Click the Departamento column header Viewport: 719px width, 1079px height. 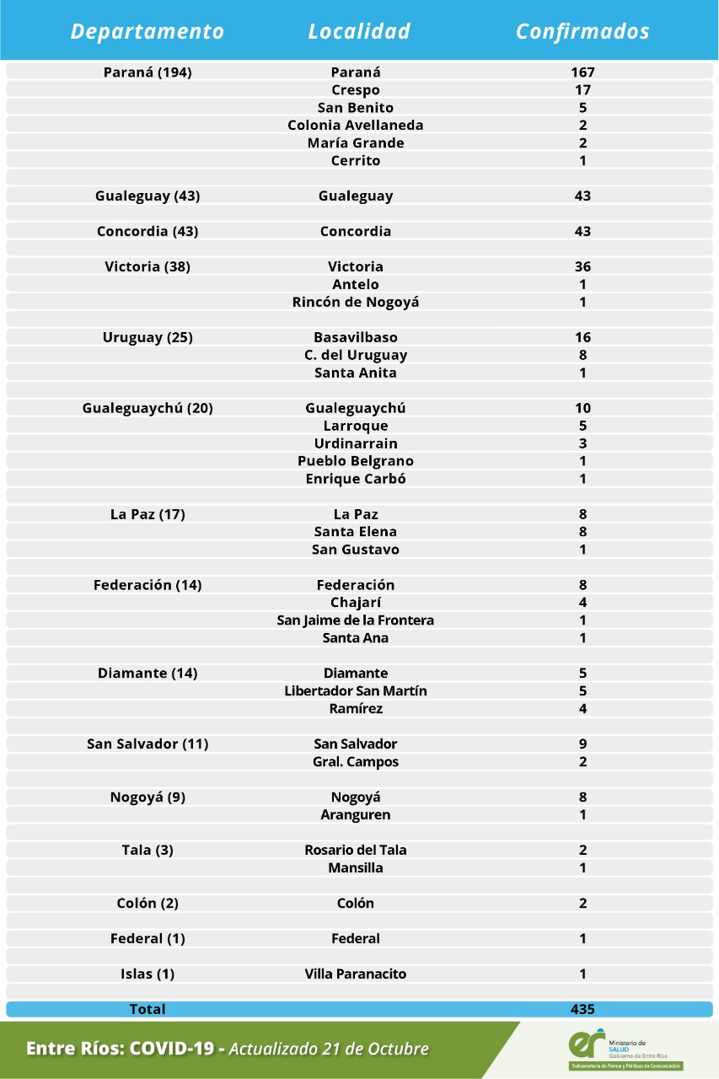148,32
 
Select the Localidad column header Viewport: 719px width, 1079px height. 359,32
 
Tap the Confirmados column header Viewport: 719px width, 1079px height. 582,32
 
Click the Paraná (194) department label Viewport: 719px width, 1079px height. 148,72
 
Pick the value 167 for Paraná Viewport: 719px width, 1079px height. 582,72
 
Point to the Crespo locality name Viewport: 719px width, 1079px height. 356,90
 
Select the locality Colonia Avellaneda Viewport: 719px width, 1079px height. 356,126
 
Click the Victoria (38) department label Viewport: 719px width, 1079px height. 148,267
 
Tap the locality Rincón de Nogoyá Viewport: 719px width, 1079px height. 356,303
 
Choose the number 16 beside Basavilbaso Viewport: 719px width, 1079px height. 582,338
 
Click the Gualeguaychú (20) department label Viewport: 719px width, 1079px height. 148,409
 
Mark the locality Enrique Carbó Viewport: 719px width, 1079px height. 356,480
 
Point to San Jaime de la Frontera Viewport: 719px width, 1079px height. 356,621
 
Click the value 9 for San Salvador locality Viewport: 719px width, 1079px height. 582,744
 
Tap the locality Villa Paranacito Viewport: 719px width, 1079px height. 356,974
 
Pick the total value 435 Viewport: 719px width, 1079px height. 582,1010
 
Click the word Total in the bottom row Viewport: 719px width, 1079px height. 148,1010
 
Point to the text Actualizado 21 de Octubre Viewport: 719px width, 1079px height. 329,1049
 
